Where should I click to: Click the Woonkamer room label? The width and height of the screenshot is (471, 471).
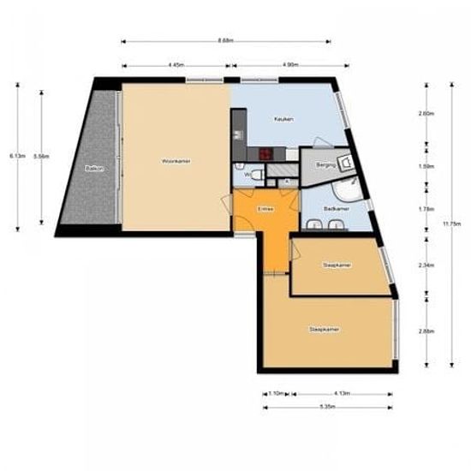point(176,160)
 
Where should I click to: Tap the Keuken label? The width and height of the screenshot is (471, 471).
point(283,119)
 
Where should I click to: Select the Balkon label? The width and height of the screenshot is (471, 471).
point(94,169)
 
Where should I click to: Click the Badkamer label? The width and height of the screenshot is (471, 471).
point(335,208)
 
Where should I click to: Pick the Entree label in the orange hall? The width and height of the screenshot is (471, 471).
point(265,207)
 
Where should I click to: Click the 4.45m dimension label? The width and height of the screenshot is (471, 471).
point(176,65)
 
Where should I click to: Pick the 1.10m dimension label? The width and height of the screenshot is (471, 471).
point(276,393)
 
